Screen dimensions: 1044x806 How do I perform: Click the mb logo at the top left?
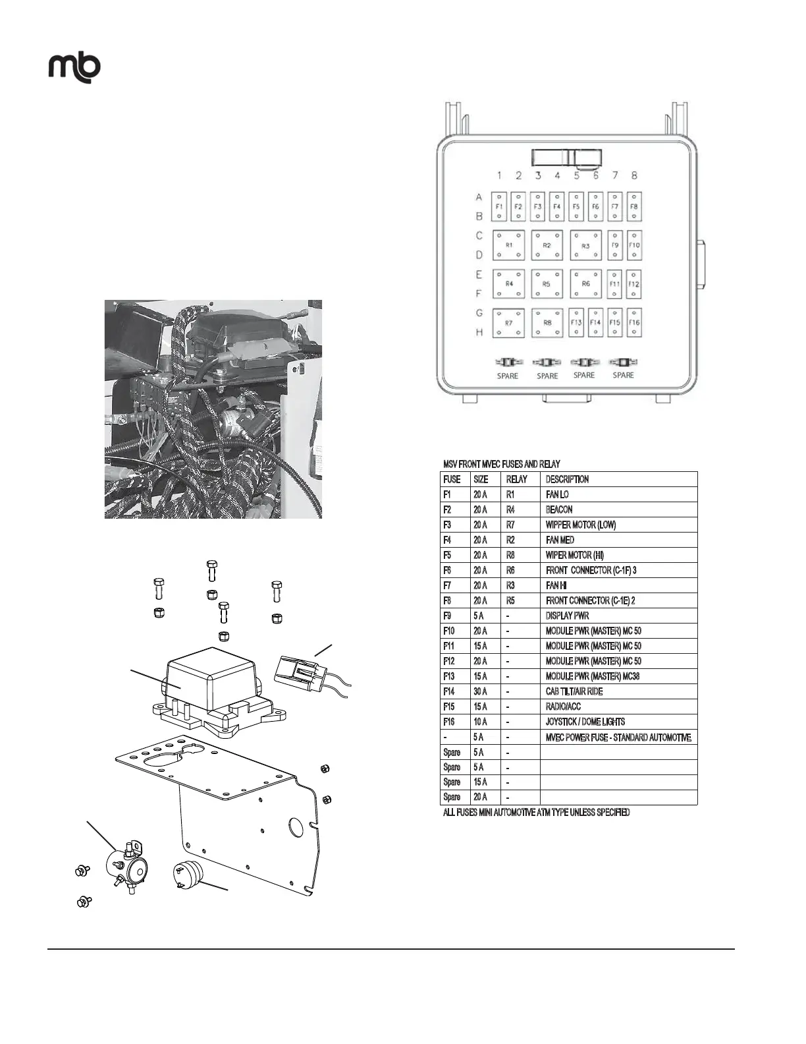tap(74, 67)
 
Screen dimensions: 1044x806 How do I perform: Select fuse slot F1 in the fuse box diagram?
tap(499, 206)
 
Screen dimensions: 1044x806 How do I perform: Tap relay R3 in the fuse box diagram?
tap(585, 246)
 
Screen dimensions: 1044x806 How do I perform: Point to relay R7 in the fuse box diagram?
tap(508, 324)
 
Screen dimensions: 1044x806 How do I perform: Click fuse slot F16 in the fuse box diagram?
tap(633, 323)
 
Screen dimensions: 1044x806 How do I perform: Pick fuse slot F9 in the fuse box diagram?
tap(615, 245)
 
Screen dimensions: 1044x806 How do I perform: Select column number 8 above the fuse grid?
tap(634, 175)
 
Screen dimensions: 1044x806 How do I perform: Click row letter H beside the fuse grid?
tap(479, 332)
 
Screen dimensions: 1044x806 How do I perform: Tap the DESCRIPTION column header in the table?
tap(567, 479)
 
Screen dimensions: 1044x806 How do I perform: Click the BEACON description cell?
tap(559, 509)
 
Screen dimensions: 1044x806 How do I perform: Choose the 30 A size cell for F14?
tap(480, 691)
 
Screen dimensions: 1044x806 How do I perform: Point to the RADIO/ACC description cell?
tap(563, 707)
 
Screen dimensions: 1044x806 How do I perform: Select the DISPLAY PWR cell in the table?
tap(567, 616)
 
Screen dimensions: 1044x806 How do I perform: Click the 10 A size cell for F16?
tap(480, 722)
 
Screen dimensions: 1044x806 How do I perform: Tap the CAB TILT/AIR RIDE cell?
tap(574, 691)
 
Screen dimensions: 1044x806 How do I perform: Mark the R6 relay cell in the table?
tap(510, 570)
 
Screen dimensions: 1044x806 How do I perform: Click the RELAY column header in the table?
tap(516, 479)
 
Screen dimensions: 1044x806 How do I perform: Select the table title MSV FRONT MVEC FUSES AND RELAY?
tap(502, 464)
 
